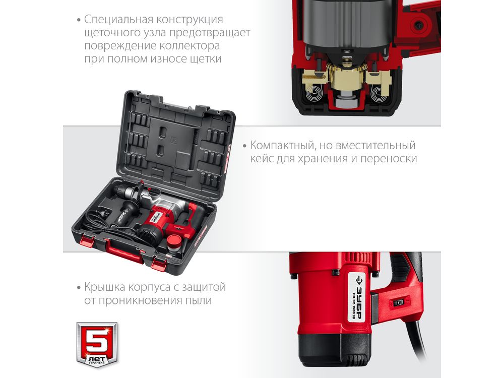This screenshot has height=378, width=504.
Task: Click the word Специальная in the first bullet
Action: click(x=118, y=20)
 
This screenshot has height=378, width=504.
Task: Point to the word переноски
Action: click(x=389, y=159)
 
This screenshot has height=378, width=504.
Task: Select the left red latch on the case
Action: click(x=87, y=241)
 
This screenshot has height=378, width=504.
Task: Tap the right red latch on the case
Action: click(x=159, y=263)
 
